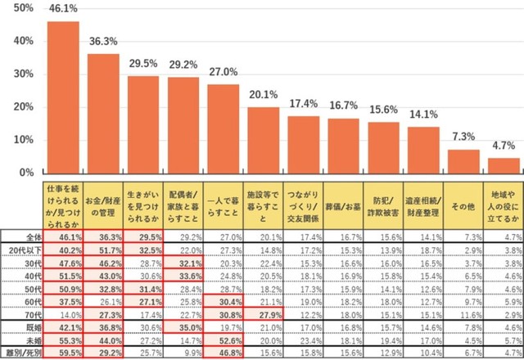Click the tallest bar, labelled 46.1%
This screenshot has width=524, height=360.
tap(63, 97)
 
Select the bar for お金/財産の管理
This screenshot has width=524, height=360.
tap(103, 114)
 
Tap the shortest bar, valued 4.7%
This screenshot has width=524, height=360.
tap(504, 165)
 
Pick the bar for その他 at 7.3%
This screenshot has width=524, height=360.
tap(463, 161)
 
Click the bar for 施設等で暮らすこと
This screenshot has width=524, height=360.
tap(263, 140)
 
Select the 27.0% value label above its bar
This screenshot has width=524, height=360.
tap(223, 72)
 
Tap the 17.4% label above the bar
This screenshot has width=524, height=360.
tap(303, 104)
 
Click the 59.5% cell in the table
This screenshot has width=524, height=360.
tap(63, 352)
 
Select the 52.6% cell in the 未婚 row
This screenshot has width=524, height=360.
tap(223, 339)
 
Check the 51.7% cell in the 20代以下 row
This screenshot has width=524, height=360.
tap(103, 250)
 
